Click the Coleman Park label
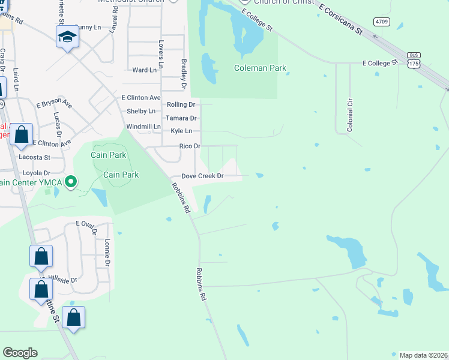[260, 68]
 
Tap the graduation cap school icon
[67, 37]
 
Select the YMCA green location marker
[71, 181]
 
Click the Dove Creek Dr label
[202, 176]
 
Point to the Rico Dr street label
[189, 146]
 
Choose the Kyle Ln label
[181, 131]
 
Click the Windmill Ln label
[143, 127]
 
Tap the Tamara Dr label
[181, 118]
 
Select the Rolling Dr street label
[181, 104]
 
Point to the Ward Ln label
[144, 70]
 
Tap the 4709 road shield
[381, 22]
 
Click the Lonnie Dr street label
[107, 253]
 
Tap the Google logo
[20, 353]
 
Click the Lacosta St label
[35, 157]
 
